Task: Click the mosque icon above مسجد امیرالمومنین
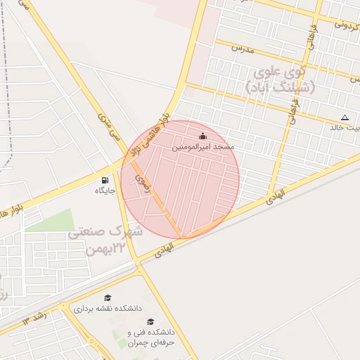pos(203,136)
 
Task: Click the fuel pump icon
pos(105,179)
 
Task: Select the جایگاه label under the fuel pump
pos(105,190)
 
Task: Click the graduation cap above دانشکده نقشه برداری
pos(108,298)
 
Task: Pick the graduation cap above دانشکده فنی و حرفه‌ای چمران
pos(150,321)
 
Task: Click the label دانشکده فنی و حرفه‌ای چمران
pos(150,337)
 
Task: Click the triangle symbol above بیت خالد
pos(344,117)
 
